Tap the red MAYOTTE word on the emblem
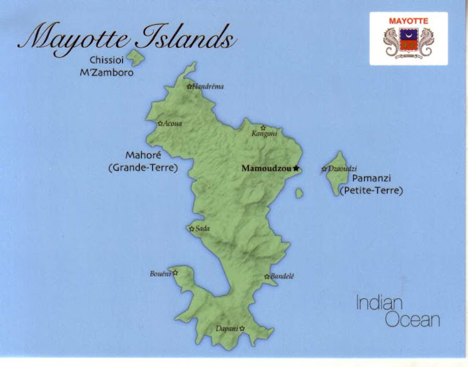pyautogui.click(x=408, y=21)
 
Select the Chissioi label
pyautogui.click(x=110, y=60)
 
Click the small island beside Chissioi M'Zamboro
pyautogui.click(x=136, y=57)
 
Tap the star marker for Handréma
pyautogui.click(x=189, y=86)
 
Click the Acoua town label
pyautogui.click(x=173, y=124)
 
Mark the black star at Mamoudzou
pyautogui.click(x=296, y=169)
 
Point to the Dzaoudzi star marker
pyautogui.click(x=325, y=169)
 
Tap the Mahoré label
pyautogui.click(x=143, y=155)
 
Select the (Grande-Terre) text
pyautogui.click(x=143, y=168)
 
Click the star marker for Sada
pyautogui.click(x=192, y=229)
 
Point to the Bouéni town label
pyautogui.click(x=159, y=274)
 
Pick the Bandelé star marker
pyautogui.click(x=267, y=276)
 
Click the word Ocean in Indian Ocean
pyautogui.click(x=415, y=319)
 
